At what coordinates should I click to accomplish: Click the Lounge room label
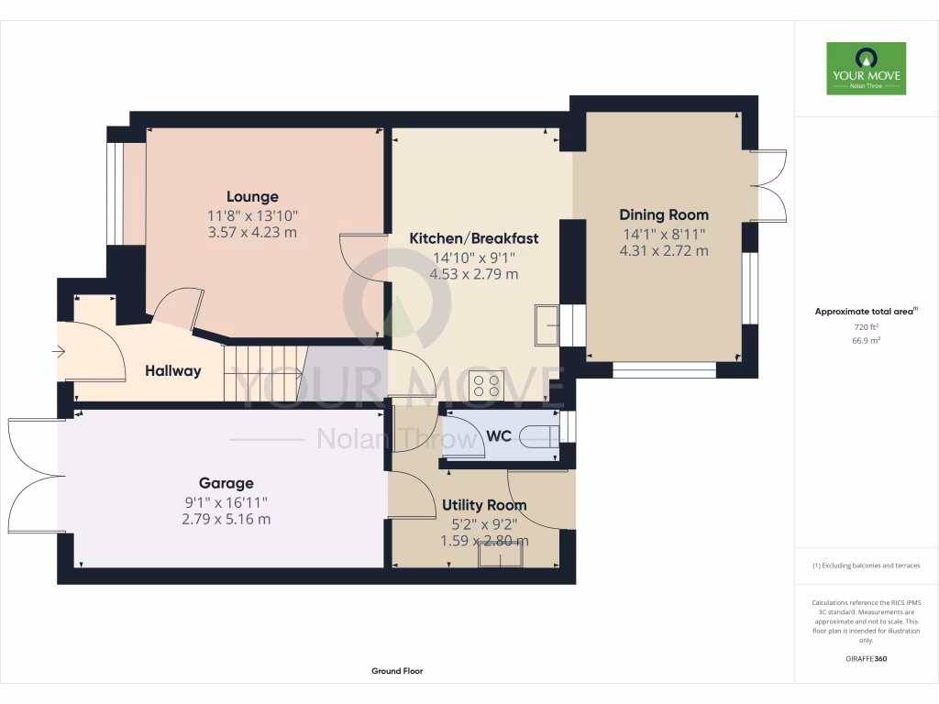tap(252, 196)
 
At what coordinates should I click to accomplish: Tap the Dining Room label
tap(663, 214)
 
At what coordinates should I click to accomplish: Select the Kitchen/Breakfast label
tap(473, 238)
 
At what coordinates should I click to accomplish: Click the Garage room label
tap(226, 483)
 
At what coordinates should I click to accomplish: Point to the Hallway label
tap(172, 371)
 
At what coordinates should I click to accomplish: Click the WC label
tap(498, 436)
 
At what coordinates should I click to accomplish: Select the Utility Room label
tap(484, 505)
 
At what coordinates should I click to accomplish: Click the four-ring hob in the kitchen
tap(485, 386)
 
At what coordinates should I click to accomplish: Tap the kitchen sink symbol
tap(547, 324)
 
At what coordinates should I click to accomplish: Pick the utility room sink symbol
tap(499, 555)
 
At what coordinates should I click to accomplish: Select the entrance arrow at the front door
tap(61, 351)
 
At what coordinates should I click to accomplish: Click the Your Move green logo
tap(866, 69)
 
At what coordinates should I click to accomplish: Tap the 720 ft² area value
tap(866, 326)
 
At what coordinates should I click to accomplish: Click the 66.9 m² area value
tap(866, 340)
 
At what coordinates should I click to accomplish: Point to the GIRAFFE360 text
tap(866, 659)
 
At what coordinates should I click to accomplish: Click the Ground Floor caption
tap(397, 671)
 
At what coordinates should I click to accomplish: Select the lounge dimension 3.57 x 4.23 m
tap(252, 232)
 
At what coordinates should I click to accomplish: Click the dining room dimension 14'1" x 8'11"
tap(663, 234)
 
